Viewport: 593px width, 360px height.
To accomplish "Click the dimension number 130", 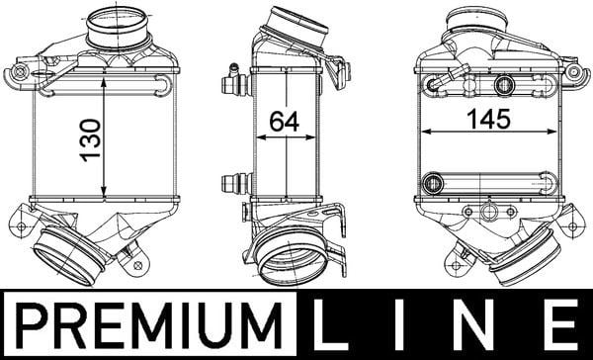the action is coord(91,140).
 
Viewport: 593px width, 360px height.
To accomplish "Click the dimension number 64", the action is coord(284,122).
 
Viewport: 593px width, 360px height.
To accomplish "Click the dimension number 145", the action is coord(488,119).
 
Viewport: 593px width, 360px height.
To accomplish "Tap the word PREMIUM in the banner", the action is coord(148,325).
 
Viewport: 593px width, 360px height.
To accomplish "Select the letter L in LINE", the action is coord(331,325).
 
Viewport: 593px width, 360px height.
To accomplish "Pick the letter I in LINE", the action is coord(399,325).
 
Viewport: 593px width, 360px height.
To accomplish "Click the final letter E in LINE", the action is coord(560,325).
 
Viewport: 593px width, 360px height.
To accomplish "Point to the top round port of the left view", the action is coord(118,27).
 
